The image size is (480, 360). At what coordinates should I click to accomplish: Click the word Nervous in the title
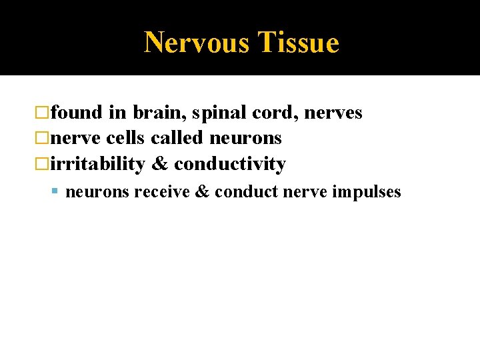197,43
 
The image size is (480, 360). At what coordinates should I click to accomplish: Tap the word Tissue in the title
298,43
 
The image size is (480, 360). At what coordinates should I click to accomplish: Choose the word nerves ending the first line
333,113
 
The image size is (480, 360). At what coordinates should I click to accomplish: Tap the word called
177,138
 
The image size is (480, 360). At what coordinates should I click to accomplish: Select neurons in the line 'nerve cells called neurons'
245,139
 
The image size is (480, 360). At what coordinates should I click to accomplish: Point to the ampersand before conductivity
160,164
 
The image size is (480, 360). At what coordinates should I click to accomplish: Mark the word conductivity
230,164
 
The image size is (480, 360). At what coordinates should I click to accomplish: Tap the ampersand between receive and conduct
203,192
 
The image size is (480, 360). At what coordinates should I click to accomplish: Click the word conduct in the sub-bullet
247,192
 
